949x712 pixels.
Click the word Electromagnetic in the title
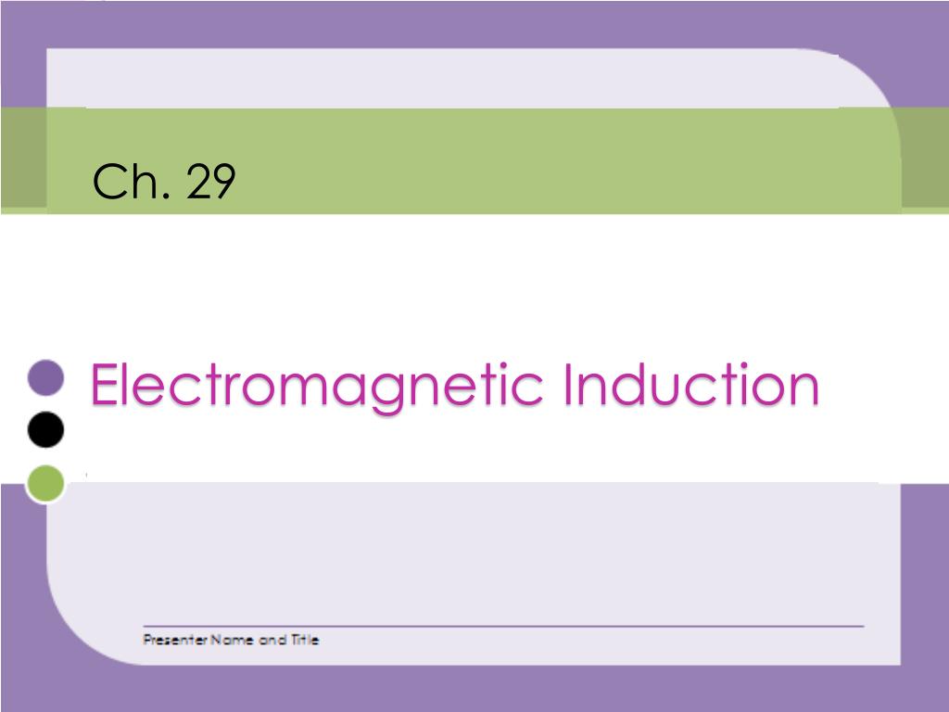(315, 386)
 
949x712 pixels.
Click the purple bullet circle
(45, 377)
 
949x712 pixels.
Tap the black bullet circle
(45, 430)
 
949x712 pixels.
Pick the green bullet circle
(45, 483)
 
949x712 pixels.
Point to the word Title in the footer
(305, 640)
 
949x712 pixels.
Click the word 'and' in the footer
(272, 640)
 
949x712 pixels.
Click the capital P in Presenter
(147, 640)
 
